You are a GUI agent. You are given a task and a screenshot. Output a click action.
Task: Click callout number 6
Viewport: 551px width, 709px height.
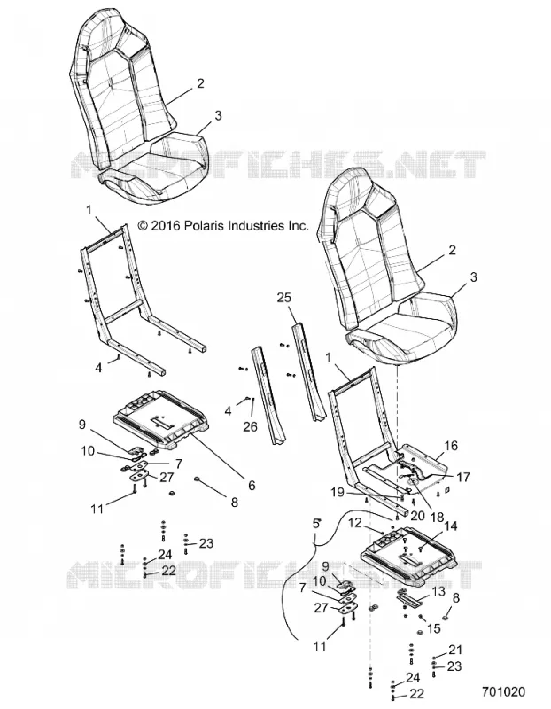[x=252, y=485]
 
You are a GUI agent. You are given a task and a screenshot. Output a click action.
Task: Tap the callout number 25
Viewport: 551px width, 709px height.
[x=284, y=298]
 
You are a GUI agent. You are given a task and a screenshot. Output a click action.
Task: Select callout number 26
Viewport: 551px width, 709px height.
[x=250, y=426]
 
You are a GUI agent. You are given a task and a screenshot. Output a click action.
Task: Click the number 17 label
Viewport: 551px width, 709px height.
[x=463, y=477]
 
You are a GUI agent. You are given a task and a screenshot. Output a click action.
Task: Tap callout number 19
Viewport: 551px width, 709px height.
[x=338, y=492]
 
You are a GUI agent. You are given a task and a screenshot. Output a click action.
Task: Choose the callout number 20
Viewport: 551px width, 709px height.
[x=418, y=516]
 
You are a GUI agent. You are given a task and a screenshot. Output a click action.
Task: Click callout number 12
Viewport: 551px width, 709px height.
[x=355, y=523]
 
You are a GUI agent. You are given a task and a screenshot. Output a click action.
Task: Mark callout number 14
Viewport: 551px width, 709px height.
[x=451, y=526]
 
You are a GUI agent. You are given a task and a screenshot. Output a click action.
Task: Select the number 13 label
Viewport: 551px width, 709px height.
[x=438, y=591]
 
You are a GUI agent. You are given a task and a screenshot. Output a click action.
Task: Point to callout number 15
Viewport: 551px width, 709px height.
[x=433, y=629]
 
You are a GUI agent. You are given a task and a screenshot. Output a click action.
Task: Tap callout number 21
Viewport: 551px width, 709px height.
[x=454, y=650]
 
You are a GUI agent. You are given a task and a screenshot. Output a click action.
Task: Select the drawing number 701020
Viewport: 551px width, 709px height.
[x=503, y=692]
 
